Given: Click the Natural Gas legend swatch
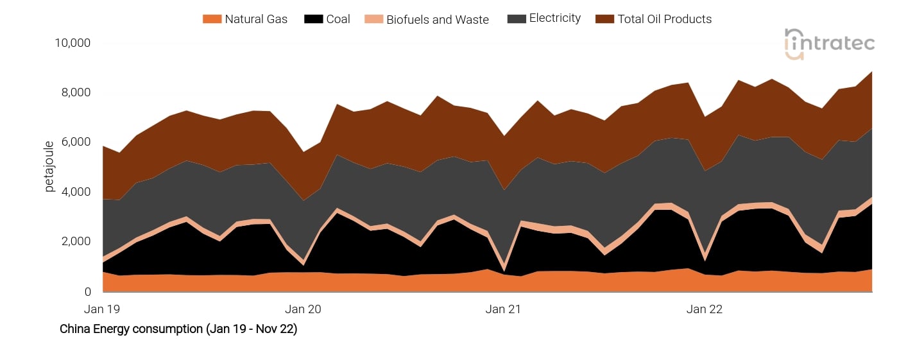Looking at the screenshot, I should [x=212, y=19].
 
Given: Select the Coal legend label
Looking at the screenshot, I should [x=338, y=19].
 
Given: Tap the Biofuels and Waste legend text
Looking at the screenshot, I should [x=438, y=20].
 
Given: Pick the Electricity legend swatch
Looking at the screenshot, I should [x=516, y=19].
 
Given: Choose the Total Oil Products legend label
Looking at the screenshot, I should [x=665, y=19].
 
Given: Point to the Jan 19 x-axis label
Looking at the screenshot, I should [x=103, y=309].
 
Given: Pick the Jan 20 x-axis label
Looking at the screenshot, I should [x=303, y=309].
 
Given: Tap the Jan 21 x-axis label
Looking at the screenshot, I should [x=504, y=309].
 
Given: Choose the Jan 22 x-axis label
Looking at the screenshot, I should [x=705, y=309].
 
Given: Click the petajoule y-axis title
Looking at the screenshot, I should [x=49, y=166].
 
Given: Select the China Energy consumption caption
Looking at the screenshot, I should [x=178, y=329].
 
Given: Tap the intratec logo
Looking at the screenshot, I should [x=829, y=44].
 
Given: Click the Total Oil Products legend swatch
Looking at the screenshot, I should [x=604, y=19].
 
